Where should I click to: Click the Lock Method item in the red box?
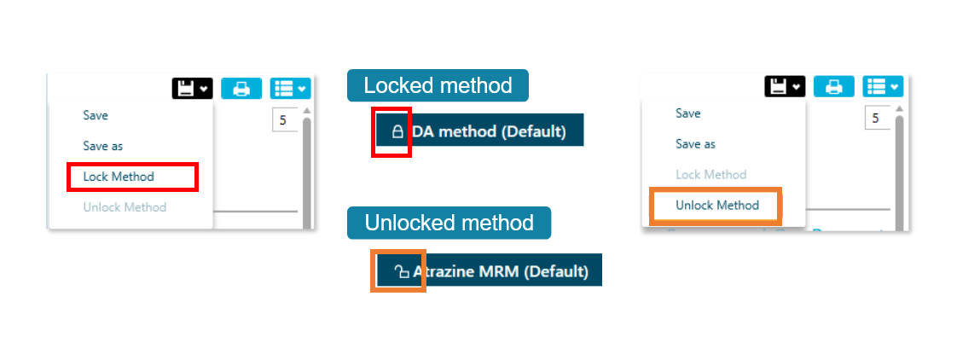[119, 177]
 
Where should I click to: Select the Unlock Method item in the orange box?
[716, 206]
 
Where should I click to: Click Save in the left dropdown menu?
[96, 115]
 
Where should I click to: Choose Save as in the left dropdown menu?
[102, 146]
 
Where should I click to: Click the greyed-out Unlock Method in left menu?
[125, 207]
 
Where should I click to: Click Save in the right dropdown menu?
[688, 113]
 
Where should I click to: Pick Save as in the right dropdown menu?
[695, 144]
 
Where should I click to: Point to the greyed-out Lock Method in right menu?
[710, 175]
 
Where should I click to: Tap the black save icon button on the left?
[192, 88]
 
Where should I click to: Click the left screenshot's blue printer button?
[241, 88]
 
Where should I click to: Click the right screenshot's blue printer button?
[834, 86]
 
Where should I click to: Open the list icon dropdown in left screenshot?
[290, 88]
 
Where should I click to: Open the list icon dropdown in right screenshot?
[883, 86]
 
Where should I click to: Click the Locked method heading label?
[438, 85]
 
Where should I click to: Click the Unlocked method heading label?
[449, 223]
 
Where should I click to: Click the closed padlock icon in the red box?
[397, 131]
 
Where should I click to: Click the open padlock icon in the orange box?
[401, 271]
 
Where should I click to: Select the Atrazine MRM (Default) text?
[501, 271]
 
